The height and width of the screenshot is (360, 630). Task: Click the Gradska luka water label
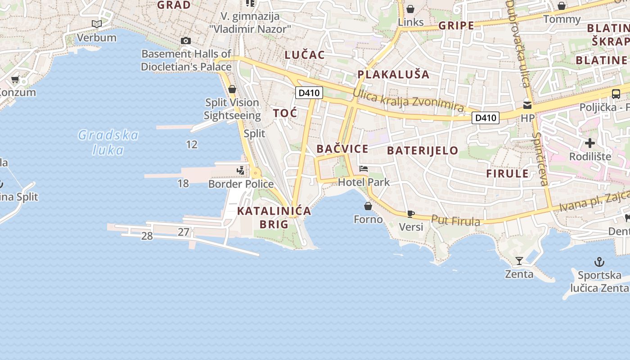108,142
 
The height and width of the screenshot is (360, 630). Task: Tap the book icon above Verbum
97,24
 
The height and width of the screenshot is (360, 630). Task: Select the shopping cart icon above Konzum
15,80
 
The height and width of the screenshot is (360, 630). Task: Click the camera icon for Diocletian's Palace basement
185,41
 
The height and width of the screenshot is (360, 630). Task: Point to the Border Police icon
241,171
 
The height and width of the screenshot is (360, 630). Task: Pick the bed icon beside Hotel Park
364,169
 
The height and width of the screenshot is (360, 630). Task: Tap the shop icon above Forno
368,206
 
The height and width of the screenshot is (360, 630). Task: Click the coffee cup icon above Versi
410,214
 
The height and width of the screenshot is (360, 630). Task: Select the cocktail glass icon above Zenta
519,261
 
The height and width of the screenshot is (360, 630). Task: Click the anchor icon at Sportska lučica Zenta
599,261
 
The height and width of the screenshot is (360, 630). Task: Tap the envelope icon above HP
527,105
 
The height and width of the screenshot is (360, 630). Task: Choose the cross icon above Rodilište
589,144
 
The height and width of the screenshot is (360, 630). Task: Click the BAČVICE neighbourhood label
342,149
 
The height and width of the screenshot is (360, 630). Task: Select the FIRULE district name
507,174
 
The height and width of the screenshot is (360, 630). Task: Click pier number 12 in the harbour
192,144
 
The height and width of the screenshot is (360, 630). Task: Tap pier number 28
147,236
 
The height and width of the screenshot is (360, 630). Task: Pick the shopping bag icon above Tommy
562,6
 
